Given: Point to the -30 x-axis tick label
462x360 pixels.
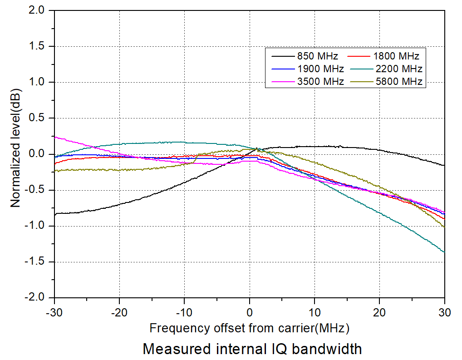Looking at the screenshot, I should coord(54,312).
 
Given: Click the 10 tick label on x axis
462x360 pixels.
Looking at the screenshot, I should coord(315,312).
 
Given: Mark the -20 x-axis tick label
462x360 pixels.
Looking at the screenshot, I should coord(119,312).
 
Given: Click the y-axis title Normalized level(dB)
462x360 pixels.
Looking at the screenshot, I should coord(16,154).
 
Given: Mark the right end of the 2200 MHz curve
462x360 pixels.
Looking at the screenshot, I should coord(444,252).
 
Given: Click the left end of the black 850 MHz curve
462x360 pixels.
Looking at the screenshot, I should coord(55,214).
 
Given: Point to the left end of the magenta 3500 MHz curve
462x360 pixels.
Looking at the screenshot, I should coord(55,136).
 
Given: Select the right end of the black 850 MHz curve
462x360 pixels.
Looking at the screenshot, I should coord(444,165).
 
